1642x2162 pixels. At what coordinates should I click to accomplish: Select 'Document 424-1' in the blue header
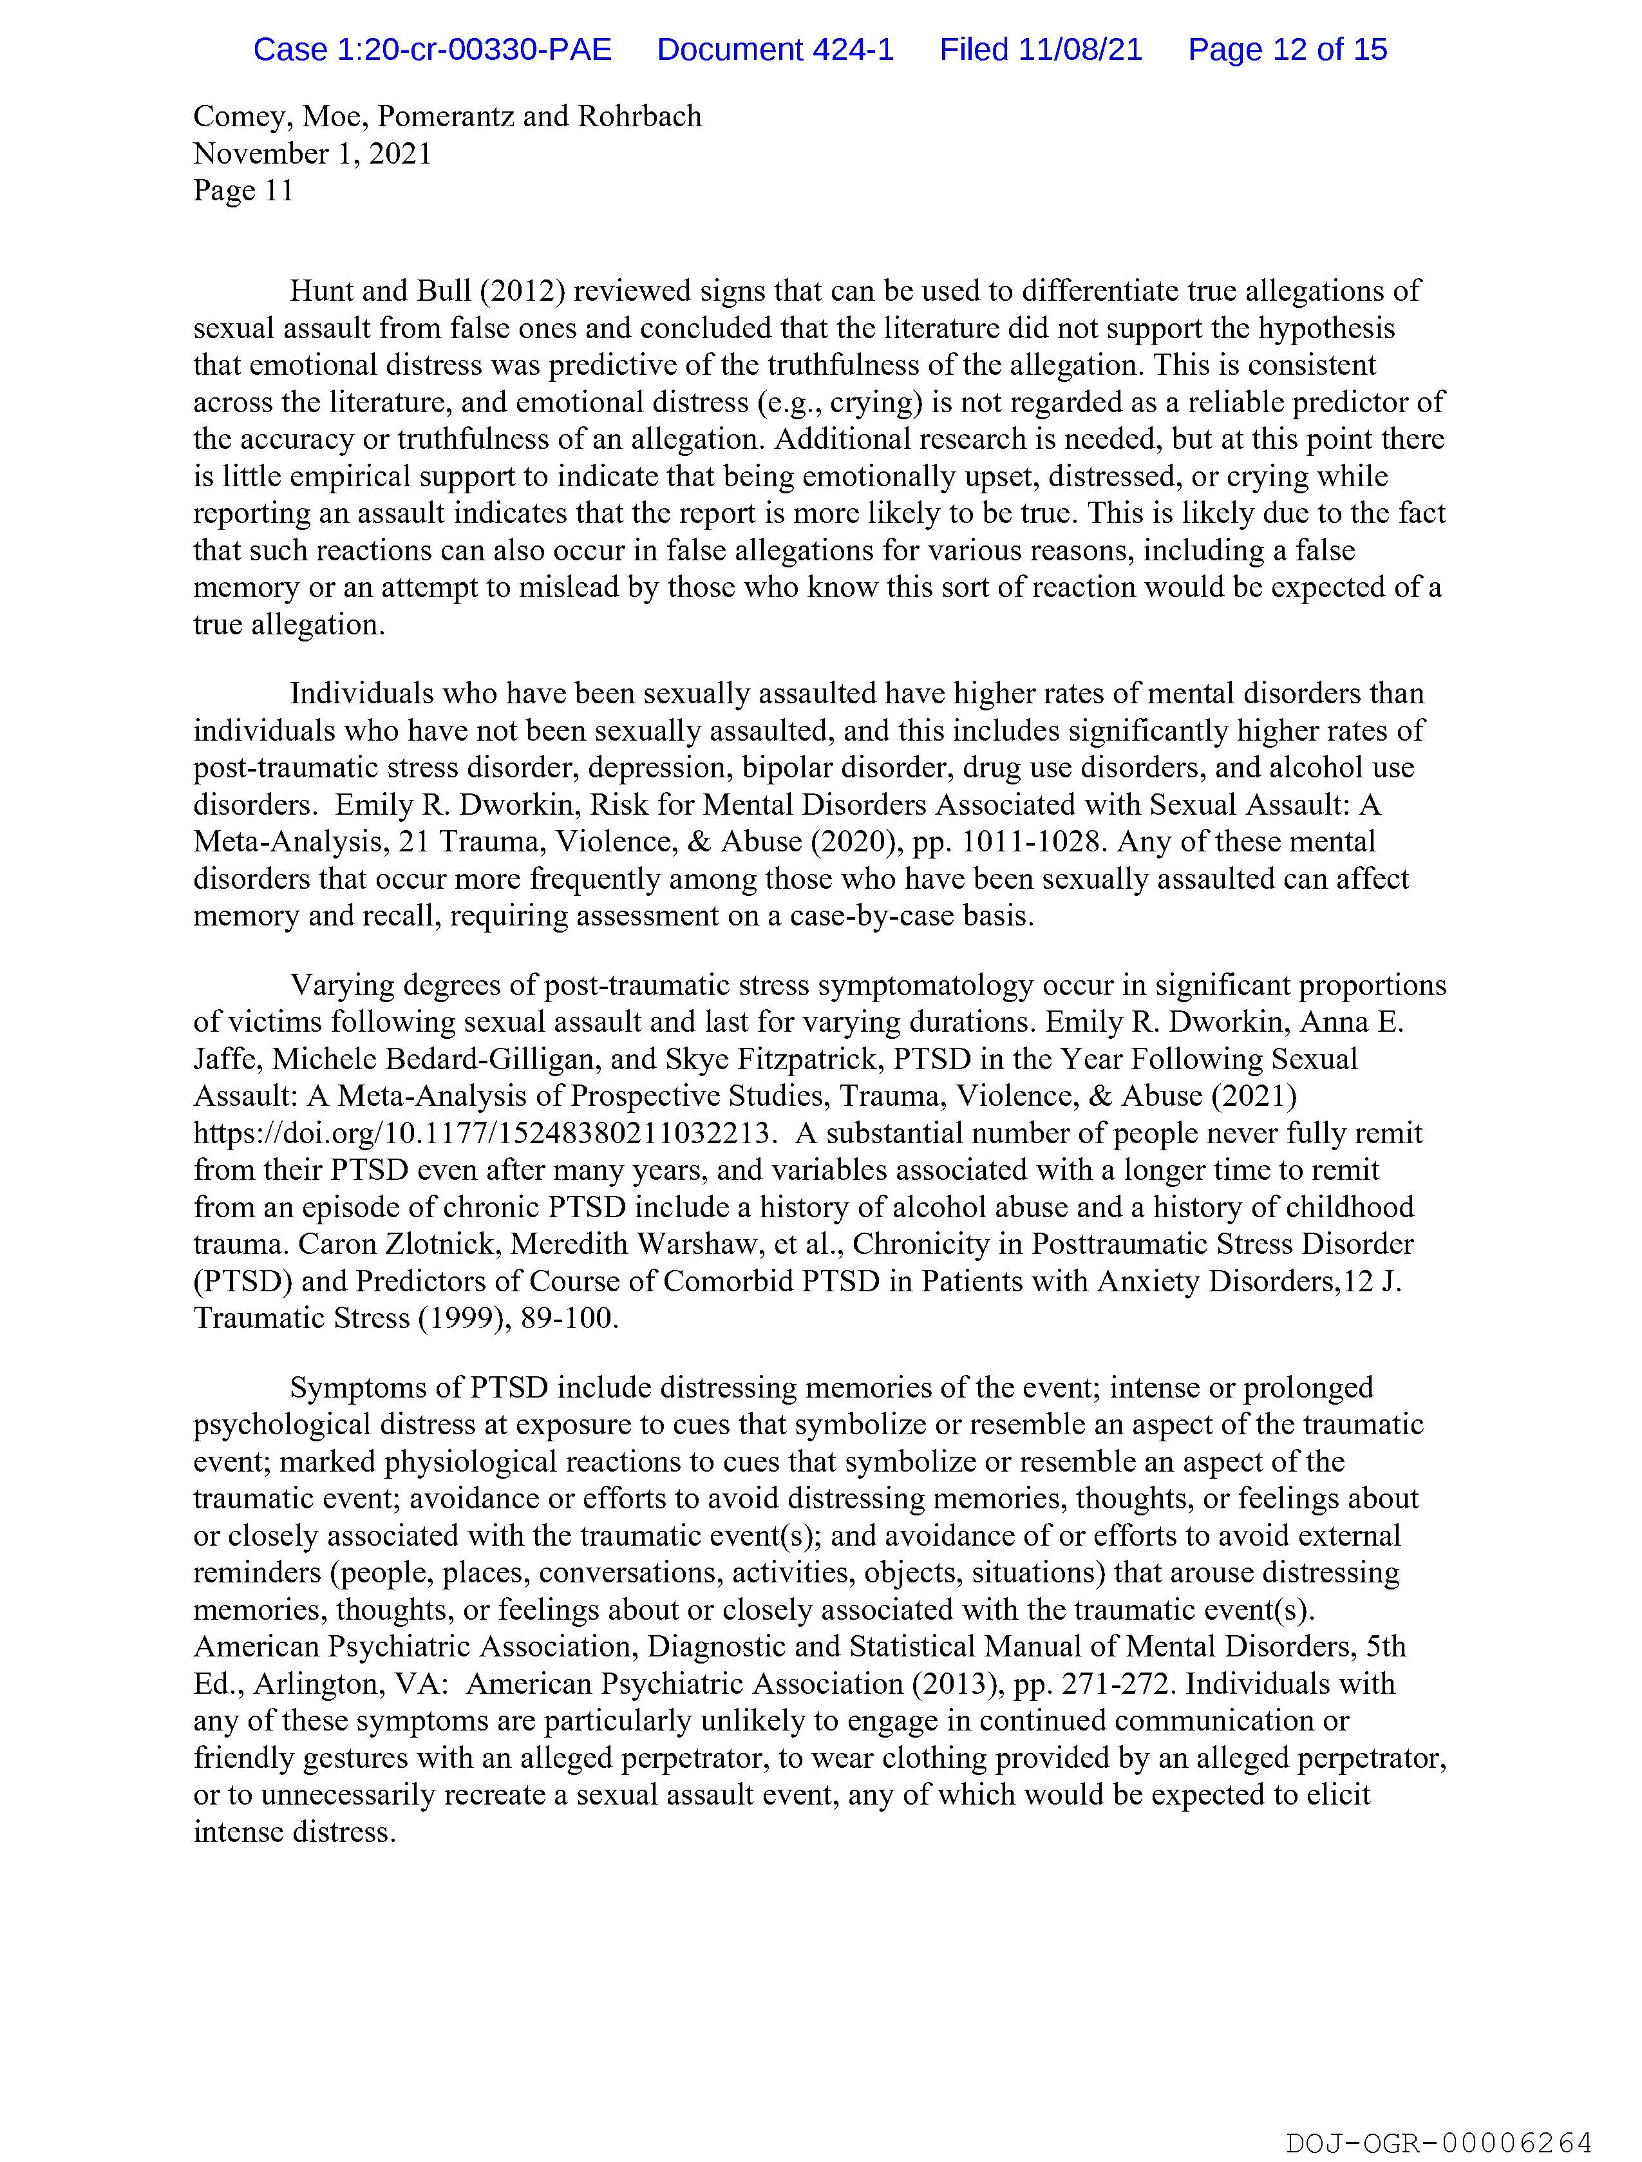pyautogui.click(x=775, y=50)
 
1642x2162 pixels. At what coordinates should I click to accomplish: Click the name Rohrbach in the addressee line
pyautogui.click(x=639, y=117)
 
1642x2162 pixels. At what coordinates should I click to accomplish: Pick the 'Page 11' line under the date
pyautogui.click(x=243, y=191)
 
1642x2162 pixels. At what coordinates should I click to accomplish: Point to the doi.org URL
pyautogui.click(x=485, y=1133)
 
